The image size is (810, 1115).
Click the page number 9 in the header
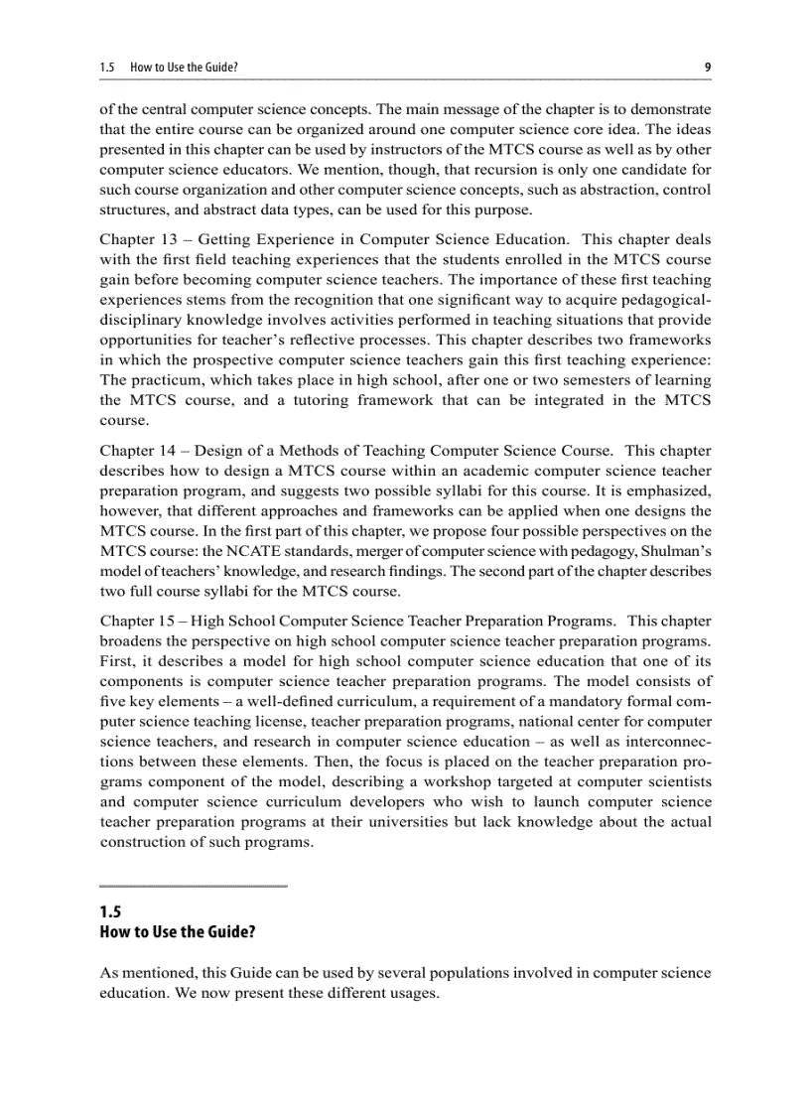click(x=707, y=68)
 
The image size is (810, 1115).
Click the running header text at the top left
click(x=169, y=68)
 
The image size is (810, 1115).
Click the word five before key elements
click(x=115, y=700)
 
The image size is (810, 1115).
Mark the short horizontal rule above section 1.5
click(x=194, y=886)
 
